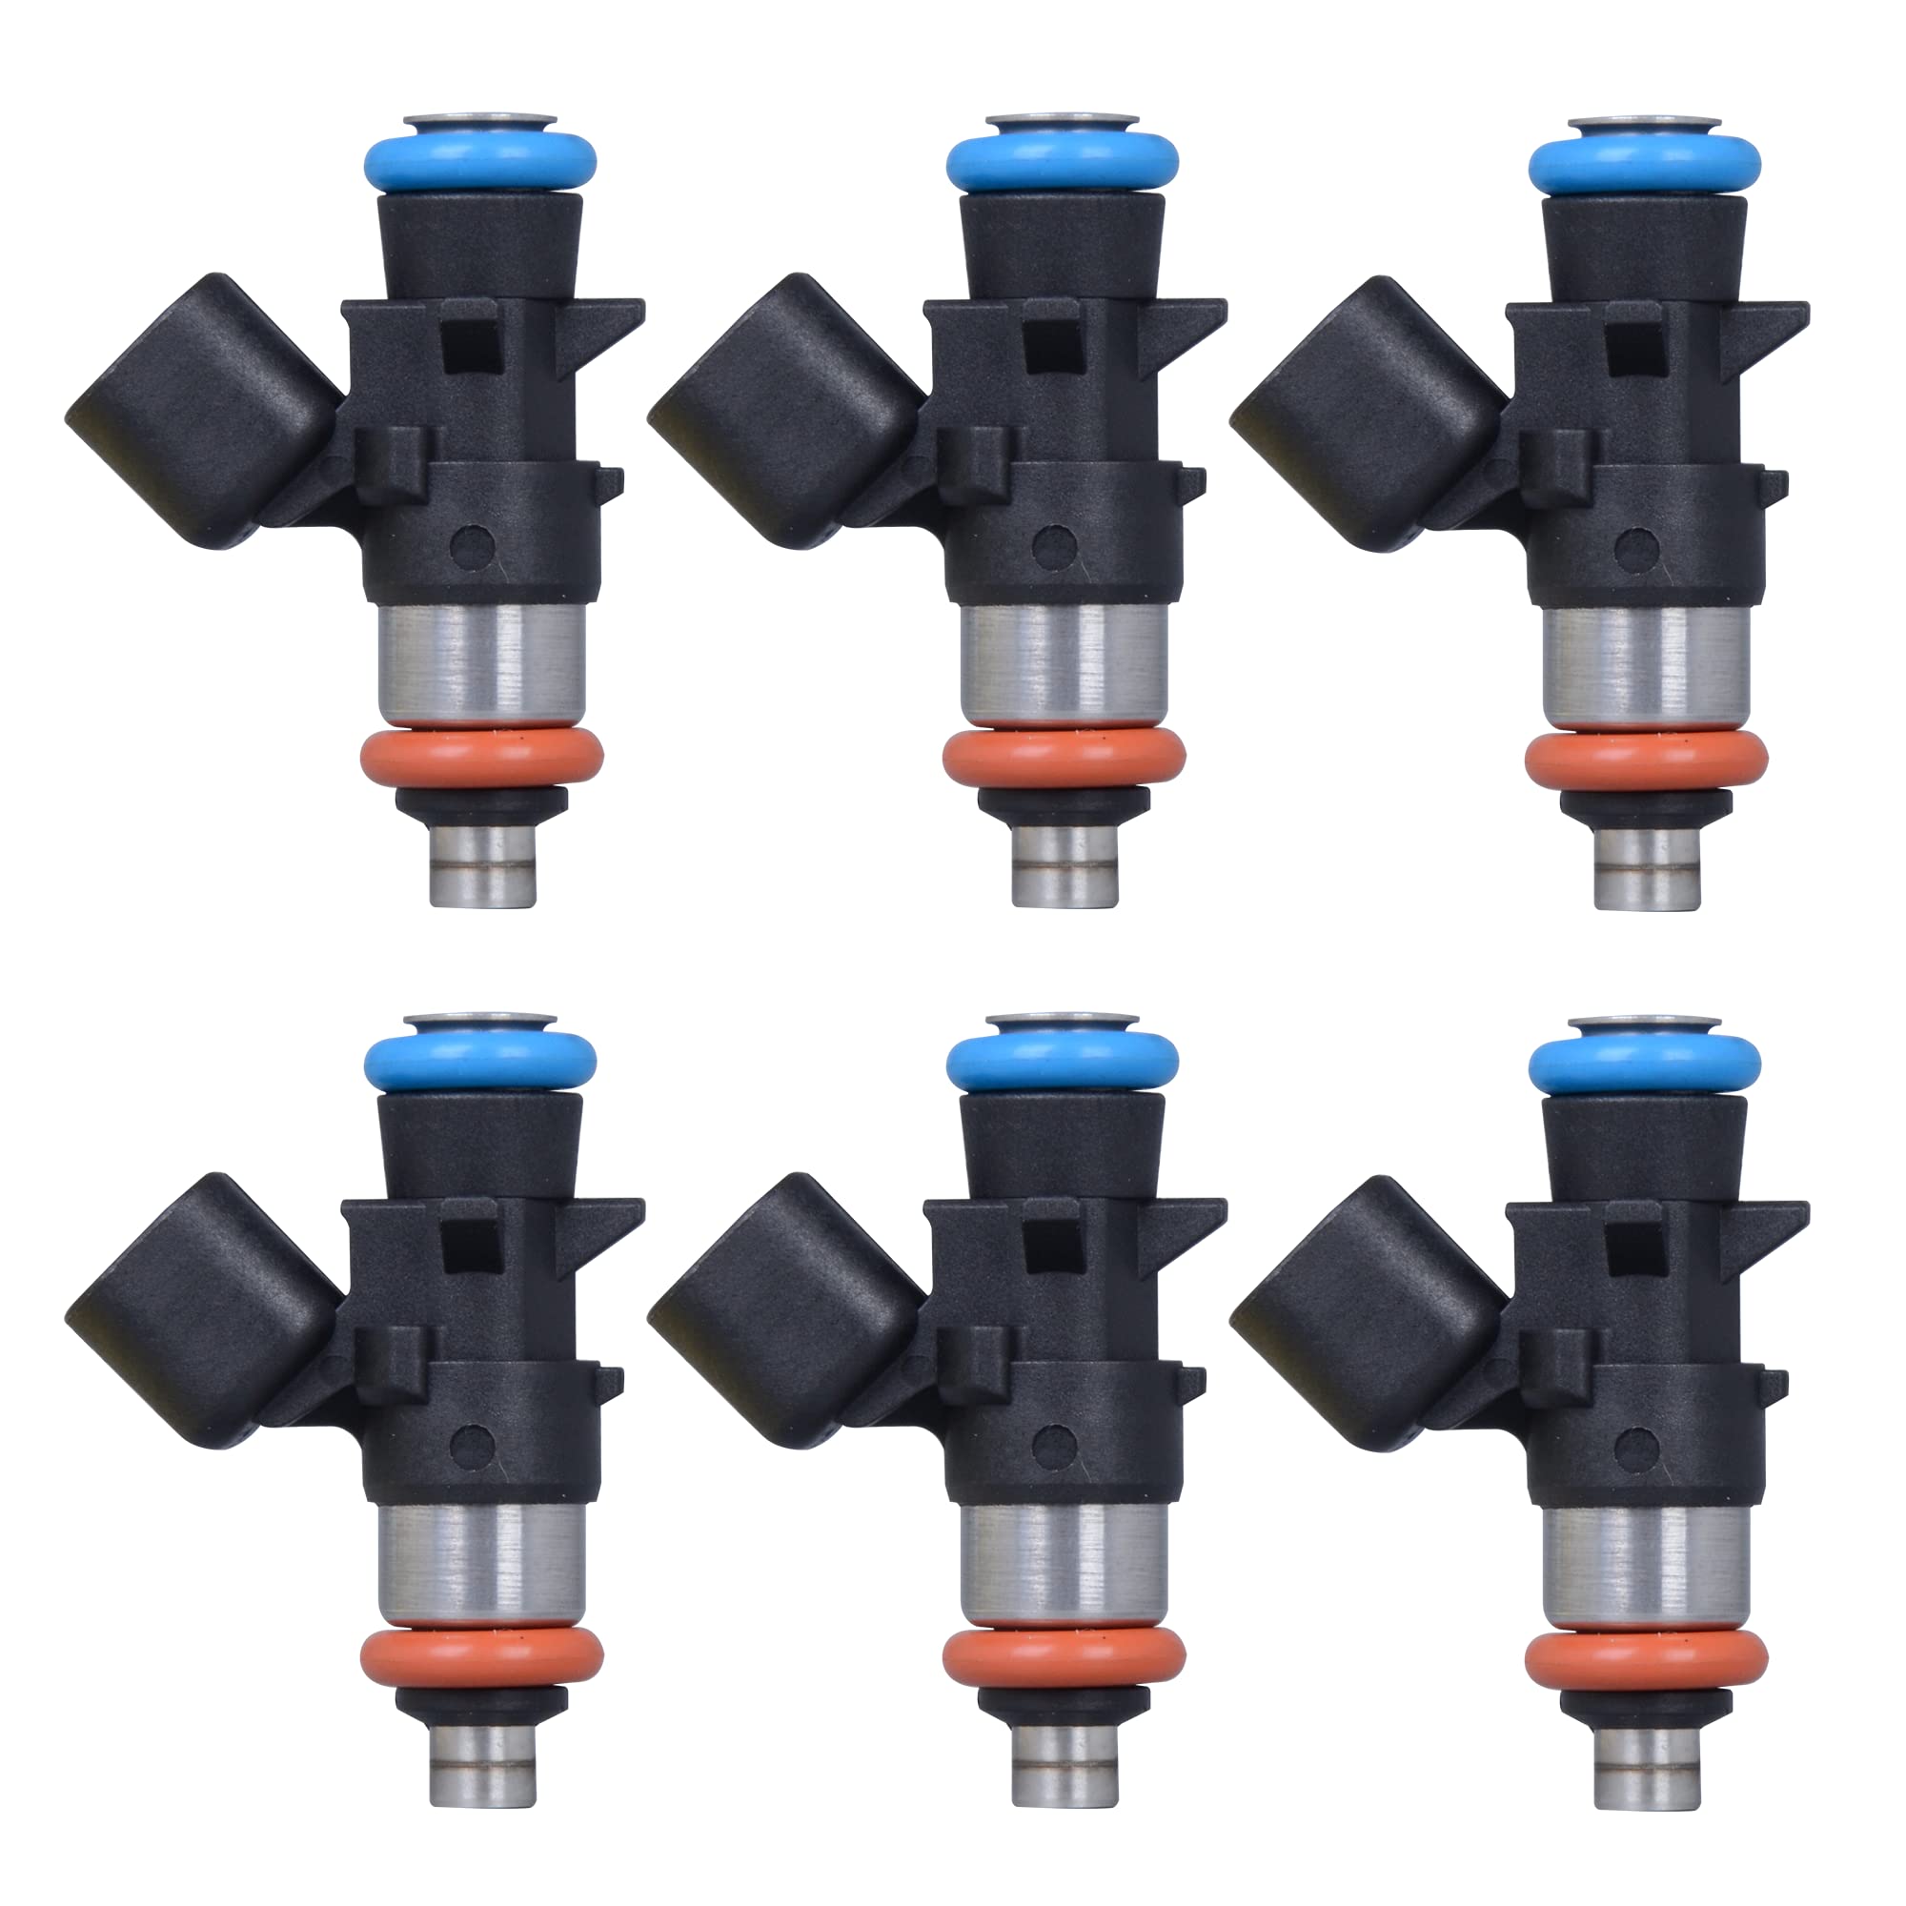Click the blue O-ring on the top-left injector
click(x=479, y=162)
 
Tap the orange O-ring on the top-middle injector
click(x=1064, y=758)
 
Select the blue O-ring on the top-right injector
click(x=1645, y=164)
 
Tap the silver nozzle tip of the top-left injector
click(x=483, y=865)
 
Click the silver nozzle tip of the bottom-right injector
click(x=1647, y=1765)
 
